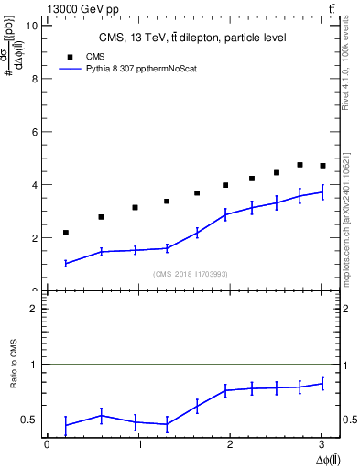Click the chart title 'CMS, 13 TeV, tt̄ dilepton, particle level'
point(193,38)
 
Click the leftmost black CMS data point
point(66,233)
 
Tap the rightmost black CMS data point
point(322,166)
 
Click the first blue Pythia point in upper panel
point(66,264)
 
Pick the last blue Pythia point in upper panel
point(322,192)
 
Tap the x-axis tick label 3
point(322,444)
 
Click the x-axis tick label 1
point(138,444)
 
